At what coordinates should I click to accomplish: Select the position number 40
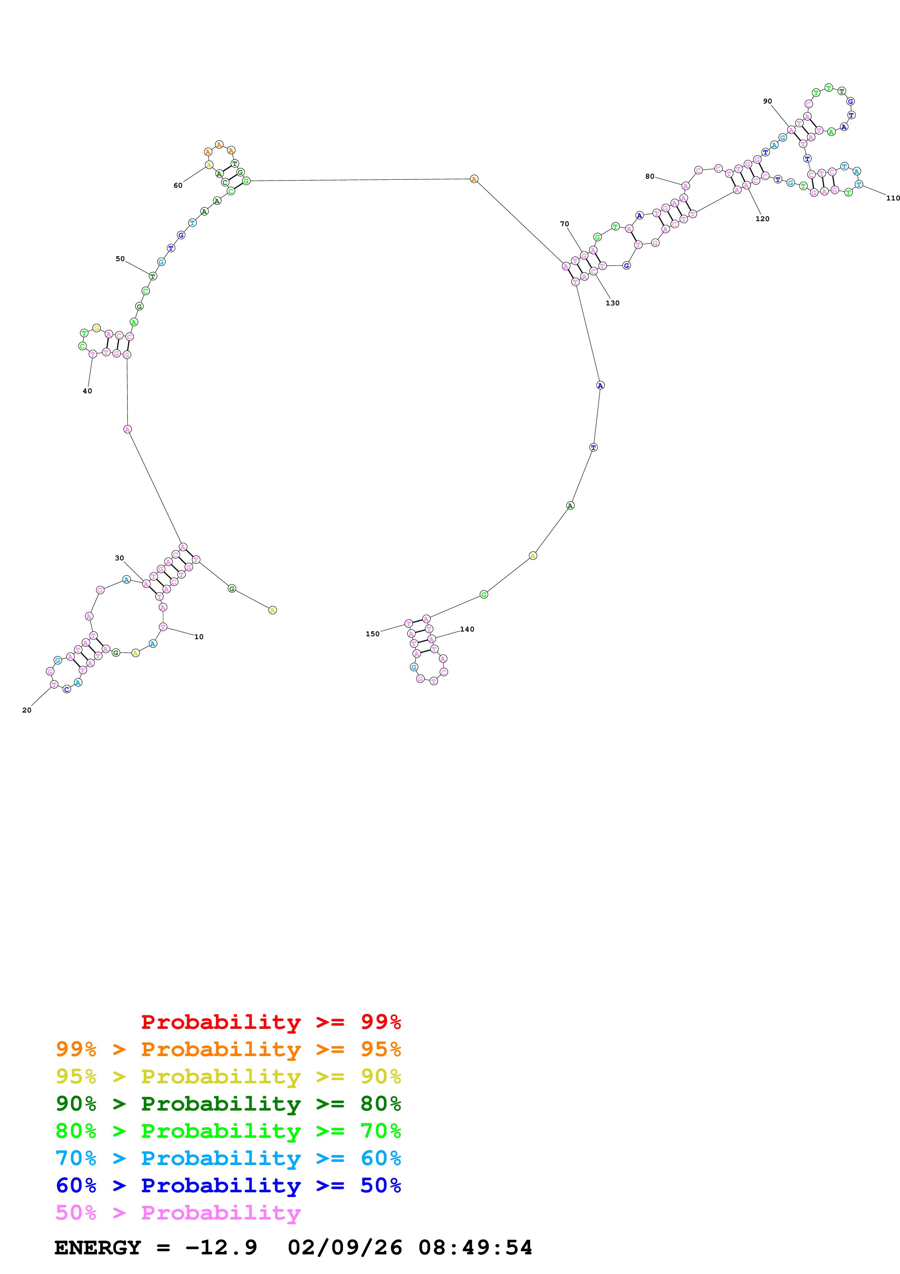click(x=87, y=391)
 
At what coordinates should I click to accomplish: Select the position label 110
click(x=892, y=198)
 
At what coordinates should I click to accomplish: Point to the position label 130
click(x=612, y=303)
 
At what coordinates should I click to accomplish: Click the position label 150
click(x=372, y=634)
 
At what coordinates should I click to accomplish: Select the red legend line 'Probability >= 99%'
click(x=270, y=1022)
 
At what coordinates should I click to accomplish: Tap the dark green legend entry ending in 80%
click(x=228, y=1104)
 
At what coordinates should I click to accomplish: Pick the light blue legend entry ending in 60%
click(x=228, y=1158)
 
